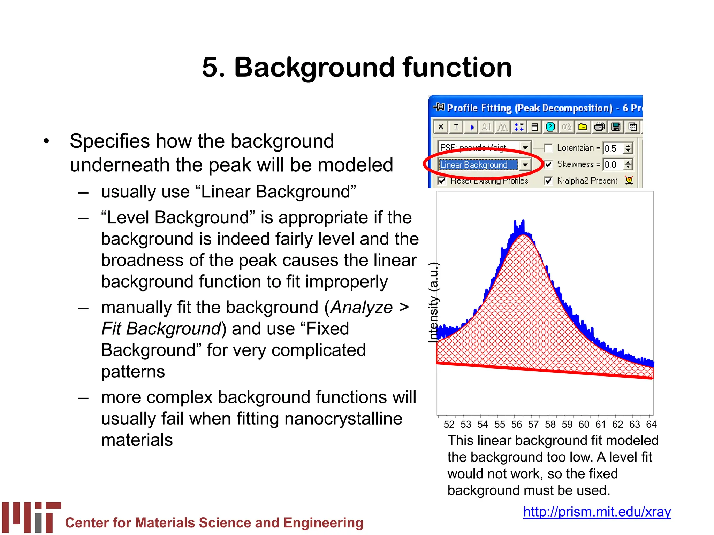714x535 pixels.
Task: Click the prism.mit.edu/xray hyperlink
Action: click(x=597, y=512)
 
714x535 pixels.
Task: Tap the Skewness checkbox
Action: click(x=548, y=164)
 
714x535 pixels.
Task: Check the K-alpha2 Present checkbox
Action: click(x=548, y=180)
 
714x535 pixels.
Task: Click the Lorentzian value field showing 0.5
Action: click(x=613, y=148)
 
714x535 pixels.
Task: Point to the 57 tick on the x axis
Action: click(x=533, y=424)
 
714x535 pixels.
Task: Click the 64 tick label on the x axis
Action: click(x=651, y=424)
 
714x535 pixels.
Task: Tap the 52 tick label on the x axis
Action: click(x=449, y=424)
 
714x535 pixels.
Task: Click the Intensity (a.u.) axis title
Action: click(x=434, y=302)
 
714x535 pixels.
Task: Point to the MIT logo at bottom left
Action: click(x=32, y=517)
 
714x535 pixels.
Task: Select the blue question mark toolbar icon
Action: click(x=550, y=127)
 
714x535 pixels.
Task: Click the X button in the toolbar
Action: click(x=441, y=127)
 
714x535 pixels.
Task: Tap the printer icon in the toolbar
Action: click(x=599, y=127)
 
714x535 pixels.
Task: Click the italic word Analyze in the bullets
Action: click(x=362, y=307)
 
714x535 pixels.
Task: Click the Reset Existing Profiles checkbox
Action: click(x=442, y=181)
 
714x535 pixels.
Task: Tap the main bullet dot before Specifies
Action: click(x=46, y=142)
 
